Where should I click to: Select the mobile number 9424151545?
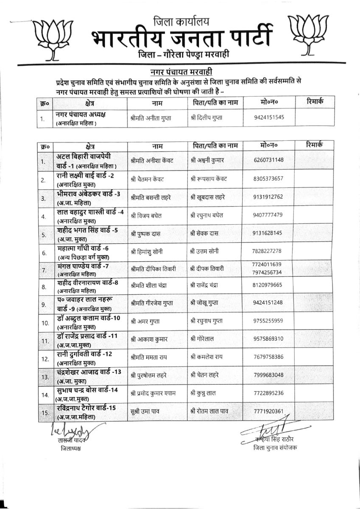[x=269, y=118]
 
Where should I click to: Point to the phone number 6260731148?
[x=268, y=160]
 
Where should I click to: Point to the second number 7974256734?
[x=266, y=272]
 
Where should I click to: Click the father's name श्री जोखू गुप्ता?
[x=206, y=303]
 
